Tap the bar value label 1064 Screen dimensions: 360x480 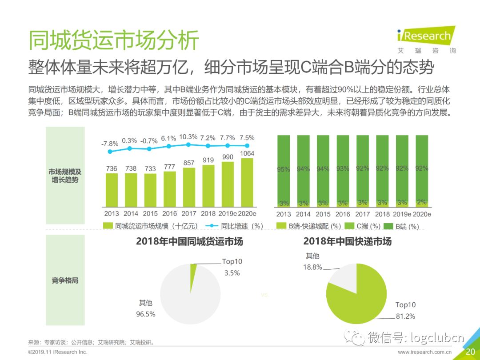(247, 154)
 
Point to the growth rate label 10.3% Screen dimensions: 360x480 (189, 136)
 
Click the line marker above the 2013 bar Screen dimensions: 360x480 (110, 152)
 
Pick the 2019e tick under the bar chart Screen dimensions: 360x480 (228, 214)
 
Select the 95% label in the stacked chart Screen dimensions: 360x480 (284, 169)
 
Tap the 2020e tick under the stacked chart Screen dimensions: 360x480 (422, 214)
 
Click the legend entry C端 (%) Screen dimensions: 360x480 (364, 226)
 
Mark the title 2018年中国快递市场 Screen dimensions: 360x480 (347, 241)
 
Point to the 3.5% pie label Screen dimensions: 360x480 (232, 273)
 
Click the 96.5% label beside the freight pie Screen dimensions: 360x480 (146, 314)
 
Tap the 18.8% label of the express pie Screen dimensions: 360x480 (312, 267)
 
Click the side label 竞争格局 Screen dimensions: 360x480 (65, 280)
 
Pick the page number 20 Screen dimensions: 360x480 (470, 352)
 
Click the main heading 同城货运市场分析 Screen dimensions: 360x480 (114, 40)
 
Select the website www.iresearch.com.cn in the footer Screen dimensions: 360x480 (425, 352)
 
